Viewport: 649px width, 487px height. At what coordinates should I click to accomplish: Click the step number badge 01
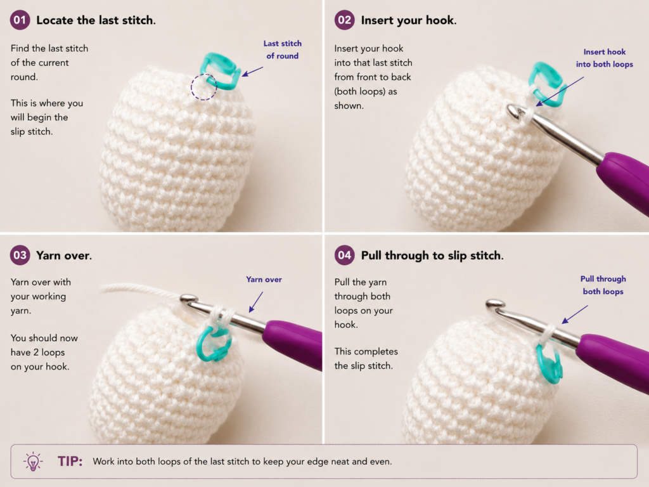[x=20, y=20]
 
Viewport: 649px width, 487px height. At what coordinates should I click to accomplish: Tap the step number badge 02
[x=344, y=20]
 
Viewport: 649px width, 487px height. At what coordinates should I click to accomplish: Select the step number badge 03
[x=20, y=255]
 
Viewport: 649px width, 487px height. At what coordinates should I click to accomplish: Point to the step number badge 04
[x=344, y=255]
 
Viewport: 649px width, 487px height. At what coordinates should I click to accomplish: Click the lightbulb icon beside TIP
[x=33, y=462]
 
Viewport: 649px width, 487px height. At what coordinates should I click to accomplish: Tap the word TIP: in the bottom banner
[x=70, y=462]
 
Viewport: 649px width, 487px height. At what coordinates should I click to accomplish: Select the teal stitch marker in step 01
[x=220, y=71]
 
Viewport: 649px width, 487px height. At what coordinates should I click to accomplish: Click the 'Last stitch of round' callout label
[x=282, y=49]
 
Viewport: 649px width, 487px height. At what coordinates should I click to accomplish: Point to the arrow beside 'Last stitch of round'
[x=252, y=71]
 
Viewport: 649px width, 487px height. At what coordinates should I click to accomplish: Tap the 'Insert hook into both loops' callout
[x=604, y=58]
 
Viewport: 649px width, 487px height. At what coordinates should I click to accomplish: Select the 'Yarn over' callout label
[x=264, y=280]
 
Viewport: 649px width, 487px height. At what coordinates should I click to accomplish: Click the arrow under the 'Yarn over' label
[x=256, y=302]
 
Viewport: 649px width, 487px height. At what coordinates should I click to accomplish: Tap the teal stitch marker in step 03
[x=214, y=343]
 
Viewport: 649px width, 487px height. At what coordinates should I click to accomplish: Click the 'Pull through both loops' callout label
[x=603, y=285]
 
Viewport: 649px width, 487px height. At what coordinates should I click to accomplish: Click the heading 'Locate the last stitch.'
[x=96, y=20]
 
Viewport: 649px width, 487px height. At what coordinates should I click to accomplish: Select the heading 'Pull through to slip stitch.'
[x=432, y=256]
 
